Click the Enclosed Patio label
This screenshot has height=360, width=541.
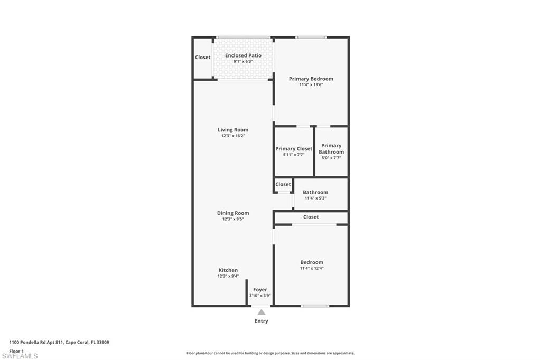(x=243, y=55)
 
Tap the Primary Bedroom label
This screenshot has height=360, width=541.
(x=311, y=79)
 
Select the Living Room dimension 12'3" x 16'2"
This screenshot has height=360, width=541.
(x=233, y=136)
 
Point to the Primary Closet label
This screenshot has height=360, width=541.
(x=294, y=149)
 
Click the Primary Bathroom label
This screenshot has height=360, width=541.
(x=331, y=149)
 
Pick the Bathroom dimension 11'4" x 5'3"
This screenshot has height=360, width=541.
(x=315, y=198)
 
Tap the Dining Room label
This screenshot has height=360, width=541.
(x=233, y=213)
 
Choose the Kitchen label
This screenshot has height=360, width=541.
(x=228, y=270)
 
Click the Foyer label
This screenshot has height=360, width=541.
(x=260, y=290)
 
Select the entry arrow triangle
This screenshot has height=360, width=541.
(x=262, y=312)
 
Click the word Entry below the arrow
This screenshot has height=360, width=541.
(x=262, y=321)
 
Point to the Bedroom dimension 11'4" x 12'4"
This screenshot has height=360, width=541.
(x=312, y=268)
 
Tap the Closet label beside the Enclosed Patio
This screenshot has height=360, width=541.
(x=203, y=58)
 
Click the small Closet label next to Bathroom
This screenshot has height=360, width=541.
(x=283, y=184)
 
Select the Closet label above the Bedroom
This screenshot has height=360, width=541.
(x=311, y=217)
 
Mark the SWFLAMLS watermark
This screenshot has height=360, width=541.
(x=20, y=356)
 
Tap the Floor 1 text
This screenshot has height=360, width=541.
(x=16, y=350)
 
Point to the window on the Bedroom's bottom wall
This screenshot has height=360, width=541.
(x=315, y=306)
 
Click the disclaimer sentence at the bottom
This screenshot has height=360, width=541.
(x=270, y=353)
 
